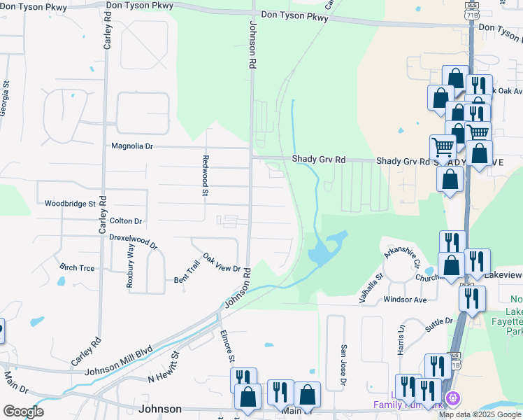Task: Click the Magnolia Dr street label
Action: coord(132,146)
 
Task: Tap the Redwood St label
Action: coord(206,175)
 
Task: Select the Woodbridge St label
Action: coord(70,204)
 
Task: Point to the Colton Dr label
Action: coord(126,220)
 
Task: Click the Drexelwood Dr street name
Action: coord(134,241)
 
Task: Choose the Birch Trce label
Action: coord(77,268)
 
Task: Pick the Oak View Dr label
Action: coord(222,263)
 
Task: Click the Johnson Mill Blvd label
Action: coord(119,362)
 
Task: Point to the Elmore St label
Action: coord(227,346)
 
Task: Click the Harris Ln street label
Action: coord(401,338)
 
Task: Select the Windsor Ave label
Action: coord(405,300)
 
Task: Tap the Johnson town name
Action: coord(161,409)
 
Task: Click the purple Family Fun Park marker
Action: coord(453,398)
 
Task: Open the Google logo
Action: coord(22,411)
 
